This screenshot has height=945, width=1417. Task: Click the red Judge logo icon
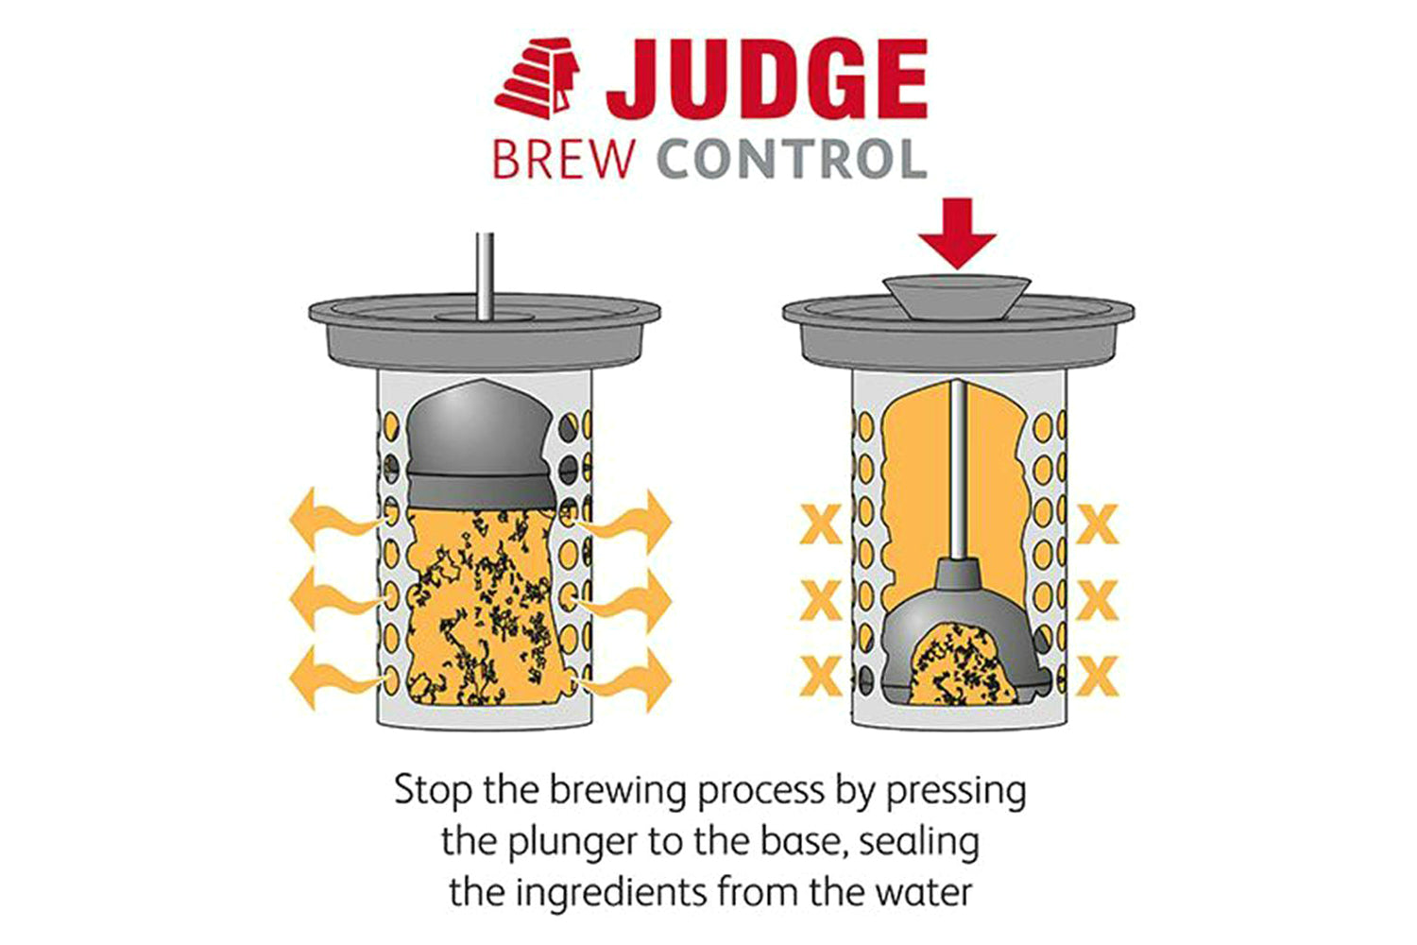point(538,78)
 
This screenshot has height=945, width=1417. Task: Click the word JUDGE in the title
point(767,78)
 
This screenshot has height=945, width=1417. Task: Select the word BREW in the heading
point(563,160)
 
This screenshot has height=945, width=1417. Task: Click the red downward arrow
point(957,233)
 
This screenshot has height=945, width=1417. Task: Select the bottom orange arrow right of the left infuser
point(623,680)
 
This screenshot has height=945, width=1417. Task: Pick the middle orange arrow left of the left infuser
point(335,598)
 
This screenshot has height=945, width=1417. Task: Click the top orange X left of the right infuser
point(821,524)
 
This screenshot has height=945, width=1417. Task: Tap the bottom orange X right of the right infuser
point(1098,676)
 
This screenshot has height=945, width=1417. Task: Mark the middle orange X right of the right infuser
point(1098,600)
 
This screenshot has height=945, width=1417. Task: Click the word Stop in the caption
point(434,791)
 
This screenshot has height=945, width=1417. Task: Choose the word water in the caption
point(925,893)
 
